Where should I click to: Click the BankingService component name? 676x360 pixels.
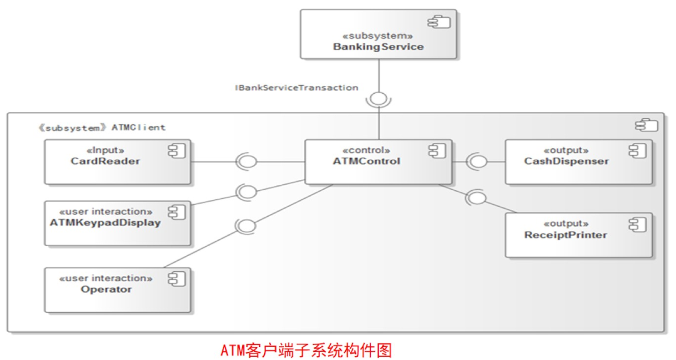pos(378,46)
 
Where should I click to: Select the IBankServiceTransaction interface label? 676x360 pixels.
pos(296,88)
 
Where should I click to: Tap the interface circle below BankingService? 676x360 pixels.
pos(378,98)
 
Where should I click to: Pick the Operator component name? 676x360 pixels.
pos(106,289)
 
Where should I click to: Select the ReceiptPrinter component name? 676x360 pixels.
pos(565,235)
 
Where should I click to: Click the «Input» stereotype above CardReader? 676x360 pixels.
pos(105,150)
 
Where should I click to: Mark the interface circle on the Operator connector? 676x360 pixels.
pos(247,226)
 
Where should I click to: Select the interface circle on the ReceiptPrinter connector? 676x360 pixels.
pos(478,198)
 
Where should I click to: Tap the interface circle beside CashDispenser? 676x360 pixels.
pos(479,161)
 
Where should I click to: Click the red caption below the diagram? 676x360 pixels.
pos(306,350)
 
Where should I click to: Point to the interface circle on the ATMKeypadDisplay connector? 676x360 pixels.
pos(247,192)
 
